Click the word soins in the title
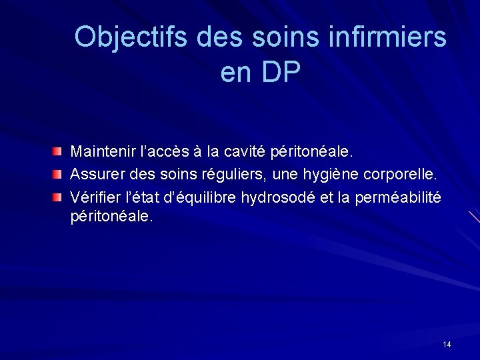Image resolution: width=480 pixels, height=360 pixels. [277, 37]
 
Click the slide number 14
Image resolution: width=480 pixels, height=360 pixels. [446, 344]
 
